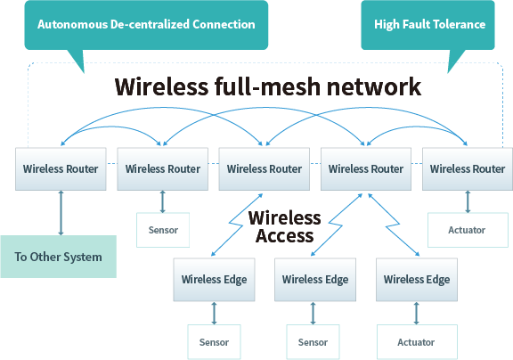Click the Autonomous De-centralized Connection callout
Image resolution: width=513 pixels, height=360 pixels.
[x=146, y=24]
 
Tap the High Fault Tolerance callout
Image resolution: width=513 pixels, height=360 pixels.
[x=429, y=24]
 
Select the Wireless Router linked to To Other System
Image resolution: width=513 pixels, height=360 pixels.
[x=61, y=168]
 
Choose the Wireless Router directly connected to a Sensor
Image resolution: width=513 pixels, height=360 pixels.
[x=163, y=168]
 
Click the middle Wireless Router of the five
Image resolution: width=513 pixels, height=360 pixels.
[x=265, y=168]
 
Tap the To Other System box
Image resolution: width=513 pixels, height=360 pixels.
[x=58, y=257]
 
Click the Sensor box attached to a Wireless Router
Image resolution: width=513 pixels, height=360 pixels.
[x=163, y=230]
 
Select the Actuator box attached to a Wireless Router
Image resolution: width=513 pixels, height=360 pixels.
[x=468, y=230]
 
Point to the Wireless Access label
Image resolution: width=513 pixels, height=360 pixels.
[x=284, y=227]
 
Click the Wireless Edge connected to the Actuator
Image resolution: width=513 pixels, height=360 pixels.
[x=416, y=279]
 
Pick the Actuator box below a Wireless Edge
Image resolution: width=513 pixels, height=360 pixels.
[x=416, y=341]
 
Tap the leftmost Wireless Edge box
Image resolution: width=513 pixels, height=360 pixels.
[x=214, y=279]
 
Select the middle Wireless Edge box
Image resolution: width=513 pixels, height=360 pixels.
[x=315, y=279]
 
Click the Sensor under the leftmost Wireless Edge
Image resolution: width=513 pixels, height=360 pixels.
[x=214, y=341]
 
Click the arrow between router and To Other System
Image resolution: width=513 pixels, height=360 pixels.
[x=61, y=212]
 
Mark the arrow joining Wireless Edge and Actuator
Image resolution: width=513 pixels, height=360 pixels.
[x=416, y=313]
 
